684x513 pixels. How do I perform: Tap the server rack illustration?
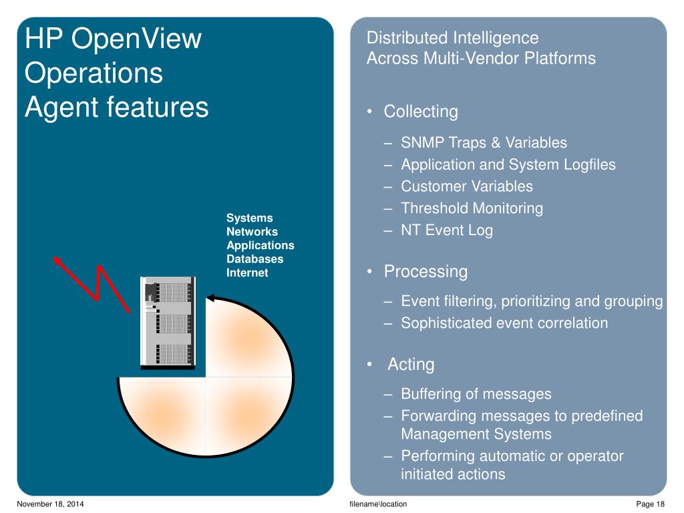pos(168,322)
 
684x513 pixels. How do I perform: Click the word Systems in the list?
pos(249,218)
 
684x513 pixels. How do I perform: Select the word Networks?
pos(252,232)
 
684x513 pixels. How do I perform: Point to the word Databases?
pos(254,259)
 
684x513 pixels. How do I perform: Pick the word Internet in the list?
pos(247,273)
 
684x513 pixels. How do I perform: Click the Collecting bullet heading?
pos(420,112)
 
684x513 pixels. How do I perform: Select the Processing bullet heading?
pos(425,272)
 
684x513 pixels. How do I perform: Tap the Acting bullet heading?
pos(411,364)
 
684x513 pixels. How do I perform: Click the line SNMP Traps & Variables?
pos(484,142)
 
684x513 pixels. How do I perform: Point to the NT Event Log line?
pos(446,230)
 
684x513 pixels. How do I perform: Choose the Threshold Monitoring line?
pos(472,208)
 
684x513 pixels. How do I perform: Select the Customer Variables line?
pos(466,186)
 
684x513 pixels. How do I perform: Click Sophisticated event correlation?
pos(504,323)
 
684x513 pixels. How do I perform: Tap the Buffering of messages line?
pos(476,394)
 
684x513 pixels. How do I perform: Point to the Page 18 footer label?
pos(651,504)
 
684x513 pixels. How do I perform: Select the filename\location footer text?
pos(378,504)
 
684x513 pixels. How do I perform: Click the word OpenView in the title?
pos(136,39)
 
